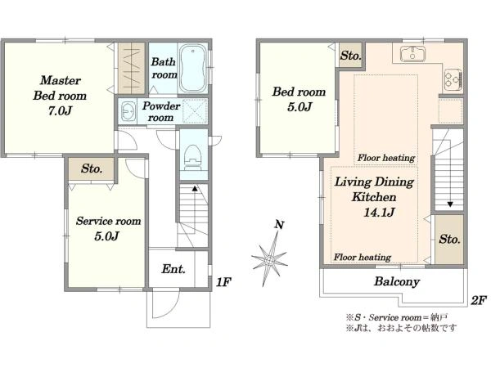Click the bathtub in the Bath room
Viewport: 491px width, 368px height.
pos(193,68)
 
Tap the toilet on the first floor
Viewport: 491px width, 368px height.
pos(192,158)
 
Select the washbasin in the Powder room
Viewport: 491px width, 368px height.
pos(128,111)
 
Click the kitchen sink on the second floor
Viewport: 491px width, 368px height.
pos(413,53)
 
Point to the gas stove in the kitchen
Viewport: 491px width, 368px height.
pos(453,79)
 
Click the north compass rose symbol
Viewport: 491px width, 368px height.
pos(269,258)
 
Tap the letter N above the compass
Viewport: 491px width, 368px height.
pos(279,225)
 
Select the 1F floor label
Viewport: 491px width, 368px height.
pos(223,282)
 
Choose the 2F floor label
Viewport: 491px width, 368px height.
pos(479,300)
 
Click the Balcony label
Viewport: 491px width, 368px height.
pos(397,281)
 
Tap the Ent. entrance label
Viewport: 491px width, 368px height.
pos(173,269)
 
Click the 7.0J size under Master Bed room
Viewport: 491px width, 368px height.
pos(60,110)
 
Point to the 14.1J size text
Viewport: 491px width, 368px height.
pos(379,213)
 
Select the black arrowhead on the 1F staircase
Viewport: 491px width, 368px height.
pos(195,188)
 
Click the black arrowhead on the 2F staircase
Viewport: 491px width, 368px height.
pos(450,204)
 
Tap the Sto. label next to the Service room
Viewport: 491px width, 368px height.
pos(92,168)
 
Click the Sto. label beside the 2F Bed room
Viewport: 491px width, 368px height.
pos(351,56)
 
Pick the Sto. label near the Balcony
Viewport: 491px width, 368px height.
pos(449,240)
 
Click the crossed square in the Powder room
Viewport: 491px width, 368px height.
pos(195,110)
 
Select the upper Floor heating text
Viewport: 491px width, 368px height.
pos(386,158)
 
